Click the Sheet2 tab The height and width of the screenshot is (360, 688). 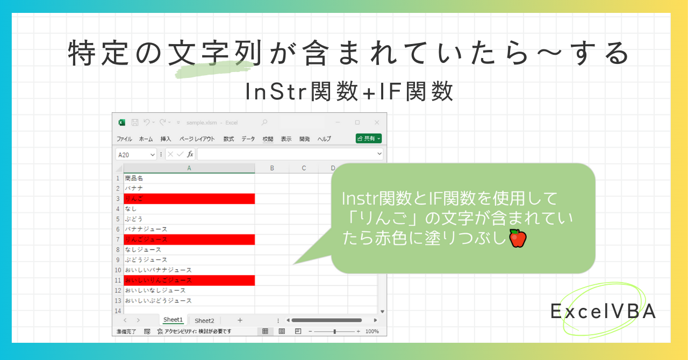(x=204, y=321)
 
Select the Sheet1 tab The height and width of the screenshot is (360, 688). (x=173, y=320)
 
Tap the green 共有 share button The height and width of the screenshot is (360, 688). (x=369, y=139)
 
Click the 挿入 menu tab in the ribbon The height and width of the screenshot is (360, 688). (x=166, y=139)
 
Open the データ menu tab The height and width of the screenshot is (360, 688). (x=248, y=139)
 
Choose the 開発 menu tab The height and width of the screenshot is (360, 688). (x=305, y=139)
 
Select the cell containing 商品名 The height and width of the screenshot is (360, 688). (x=189, y=178)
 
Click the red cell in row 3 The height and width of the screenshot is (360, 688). (x=189, y=199)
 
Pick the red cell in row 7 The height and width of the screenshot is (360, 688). (x=189, y=240)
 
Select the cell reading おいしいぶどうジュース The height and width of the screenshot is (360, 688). (x=189, y=301)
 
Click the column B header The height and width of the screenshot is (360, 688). (x=272, y=168)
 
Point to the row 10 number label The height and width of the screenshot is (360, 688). (x=118, y=270)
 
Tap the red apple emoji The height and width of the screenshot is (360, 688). (x=517, y=238)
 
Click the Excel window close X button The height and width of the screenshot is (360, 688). (x=377, y=123)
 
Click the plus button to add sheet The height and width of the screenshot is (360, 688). (x=240, y=320)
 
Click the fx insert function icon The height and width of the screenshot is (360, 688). (x=190, y=154)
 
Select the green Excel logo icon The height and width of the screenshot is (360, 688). (x=122, y=123)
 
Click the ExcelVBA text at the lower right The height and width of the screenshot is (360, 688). (x=603, y=312)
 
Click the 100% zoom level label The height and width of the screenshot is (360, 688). (x=372, y=332)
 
